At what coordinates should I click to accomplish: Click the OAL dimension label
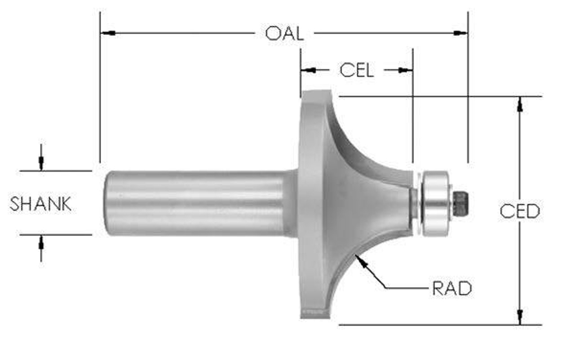pos(284,34)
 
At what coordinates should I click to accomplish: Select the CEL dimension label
pos(356,70)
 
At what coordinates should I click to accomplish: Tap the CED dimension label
pos(520,211)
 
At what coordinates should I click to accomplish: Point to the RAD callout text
pos(452,289)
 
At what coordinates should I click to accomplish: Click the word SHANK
pos(41,204)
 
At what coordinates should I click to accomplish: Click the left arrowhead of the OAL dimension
pos(107,33)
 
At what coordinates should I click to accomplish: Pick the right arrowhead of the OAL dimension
pos(461,33)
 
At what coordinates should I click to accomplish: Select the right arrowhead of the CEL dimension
pos(405,70)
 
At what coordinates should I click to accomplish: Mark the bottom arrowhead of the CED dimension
pos(520,316)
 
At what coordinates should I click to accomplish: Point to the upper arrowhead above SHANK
pos(41,164)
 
